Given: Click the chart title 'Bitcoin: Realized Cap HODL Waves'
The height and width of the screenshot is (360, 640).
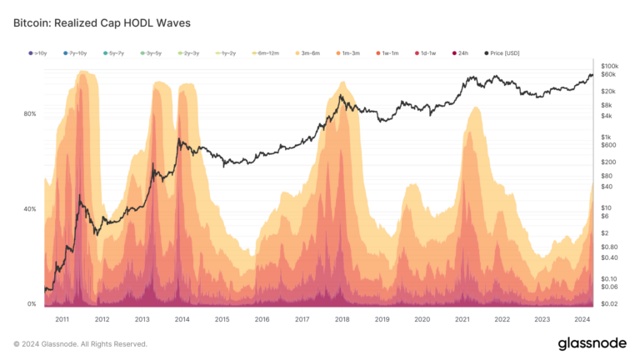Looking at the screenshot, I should [102, 23].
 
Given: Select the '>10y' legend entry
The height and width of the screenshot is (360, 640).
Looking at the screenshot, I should [39, 52].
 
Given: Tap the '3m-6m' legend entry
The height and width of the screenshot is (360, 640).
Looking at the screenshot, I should [311, 52].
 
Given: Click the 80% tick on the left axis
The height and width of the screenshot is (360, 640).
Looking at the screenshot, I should [31, 113].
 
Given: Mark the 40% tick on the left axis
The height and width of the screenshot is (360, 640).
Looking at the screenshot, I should [31, 209].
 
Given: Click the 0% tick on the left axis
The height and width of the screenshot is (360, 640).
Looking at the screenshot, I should [32, 304].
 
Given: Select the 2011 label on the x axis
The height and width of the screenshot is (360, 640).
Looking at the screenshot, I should [62, 318].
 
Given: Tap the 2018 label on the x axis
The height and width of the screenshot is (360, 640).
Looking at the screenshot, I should [342, 318].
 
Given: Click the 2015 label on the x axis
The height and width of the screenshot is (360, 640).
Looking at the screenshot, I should [222, 318].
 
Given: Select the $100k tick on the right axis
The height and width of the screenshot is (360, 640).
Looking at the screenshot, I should [609, 65].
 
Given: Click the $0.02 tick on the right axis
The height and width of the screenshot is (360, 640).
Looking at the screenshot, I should [609, 304].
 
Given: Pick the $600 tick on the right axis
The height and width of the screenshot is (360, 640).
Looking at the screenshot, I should [607, 145].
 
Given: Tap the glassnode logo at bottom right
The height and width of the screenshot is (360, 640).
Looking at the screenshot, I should [592, 343].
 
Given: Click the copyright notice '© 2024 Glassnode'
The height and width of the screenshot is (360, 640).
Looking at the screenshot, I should [80, 343].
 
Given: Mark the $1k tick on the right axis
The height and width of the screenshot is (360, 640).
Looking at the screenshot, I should [607, 137].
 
